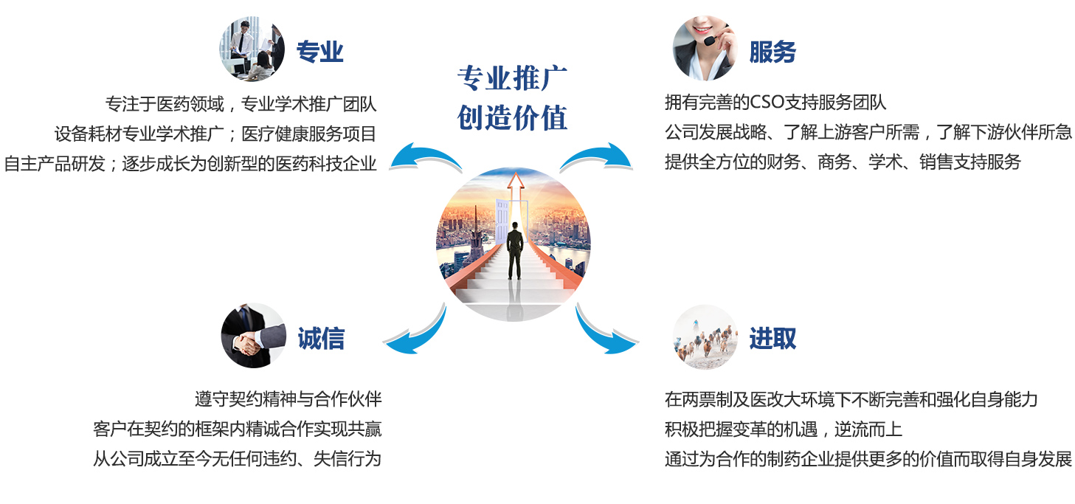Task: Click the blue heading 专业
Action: tap(319, 52)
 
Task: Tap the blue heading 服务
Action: tap(772, 52)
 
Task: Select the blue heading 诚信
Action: tap(321, 339)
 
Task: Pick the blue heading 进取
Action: tap(772, 339)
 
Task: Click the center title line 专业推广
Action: tap(512, 78)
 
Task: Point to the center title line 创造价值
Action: tap(512, 117)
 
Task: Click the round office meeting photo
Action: tap(252, 49)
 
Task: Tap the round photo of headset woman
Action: tap(705, 48)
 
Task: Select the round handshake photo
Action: tap(253, 336)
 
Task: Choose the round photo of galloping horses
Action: tap(705, 337)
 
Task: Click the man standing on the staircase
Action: tap(514, 250)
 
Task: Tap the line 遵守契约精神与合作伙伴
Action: tap(288, 399)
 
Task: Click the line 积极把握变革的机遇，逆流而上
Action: tap(784, 429)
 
